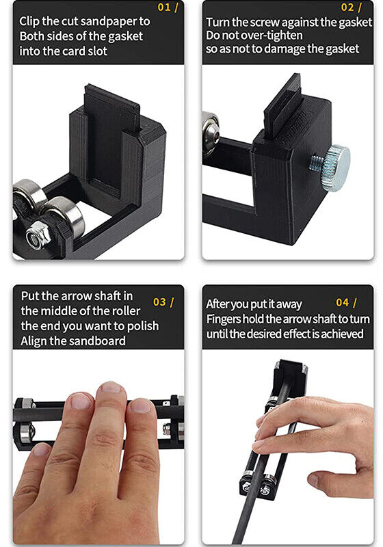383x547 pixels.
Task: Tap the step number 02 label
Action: [350, 8]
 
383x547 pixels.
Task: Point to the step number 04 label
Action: [345, 302]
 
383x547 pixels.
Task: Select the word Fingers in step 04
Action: [224, 318]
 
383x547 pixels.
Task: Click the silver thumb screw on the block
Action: [333, 162]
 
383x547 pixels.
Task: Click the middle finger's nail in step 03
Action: [109, 389]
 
